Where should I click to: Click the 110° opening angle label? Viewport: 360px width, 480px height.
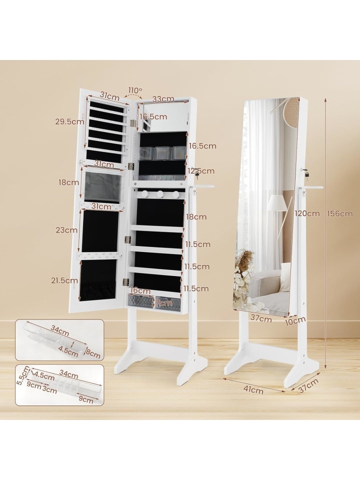pos(135,90)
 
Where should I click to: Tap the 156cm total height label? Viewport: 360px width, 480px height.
pos(339,213)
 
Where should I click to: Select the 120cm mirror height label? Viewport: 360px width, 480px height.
pos(307,213)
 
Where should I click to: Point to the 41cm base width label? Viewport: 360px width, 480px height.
pos(254,389)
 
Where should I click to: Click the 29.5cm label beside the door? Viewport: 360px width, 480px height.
pos(70,121)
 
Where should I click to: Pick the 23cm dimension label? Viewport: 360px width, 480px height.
pos(66,230)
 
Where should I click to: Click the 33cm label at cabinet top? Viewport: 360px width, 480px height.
pos(163,99)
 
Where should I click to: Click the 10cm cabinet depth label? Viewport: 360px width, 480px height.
pos(295,320)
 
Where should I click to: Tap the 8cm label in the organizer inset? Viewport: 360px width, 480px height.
pos(93,354)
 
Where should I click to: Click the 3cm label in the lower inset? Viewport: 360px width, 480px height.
pos(49,389)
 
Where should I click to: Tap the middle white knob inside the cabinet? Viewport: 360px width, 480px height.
pos(160,194)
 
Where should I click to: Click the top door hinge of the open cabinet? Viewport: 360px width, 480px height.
pos(132,123)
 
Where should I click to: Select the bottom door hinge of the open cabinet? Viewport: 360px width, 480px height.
pos(125,282)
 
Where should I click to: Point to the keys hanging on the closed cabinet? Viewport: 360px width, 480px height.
pos(306,174)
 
